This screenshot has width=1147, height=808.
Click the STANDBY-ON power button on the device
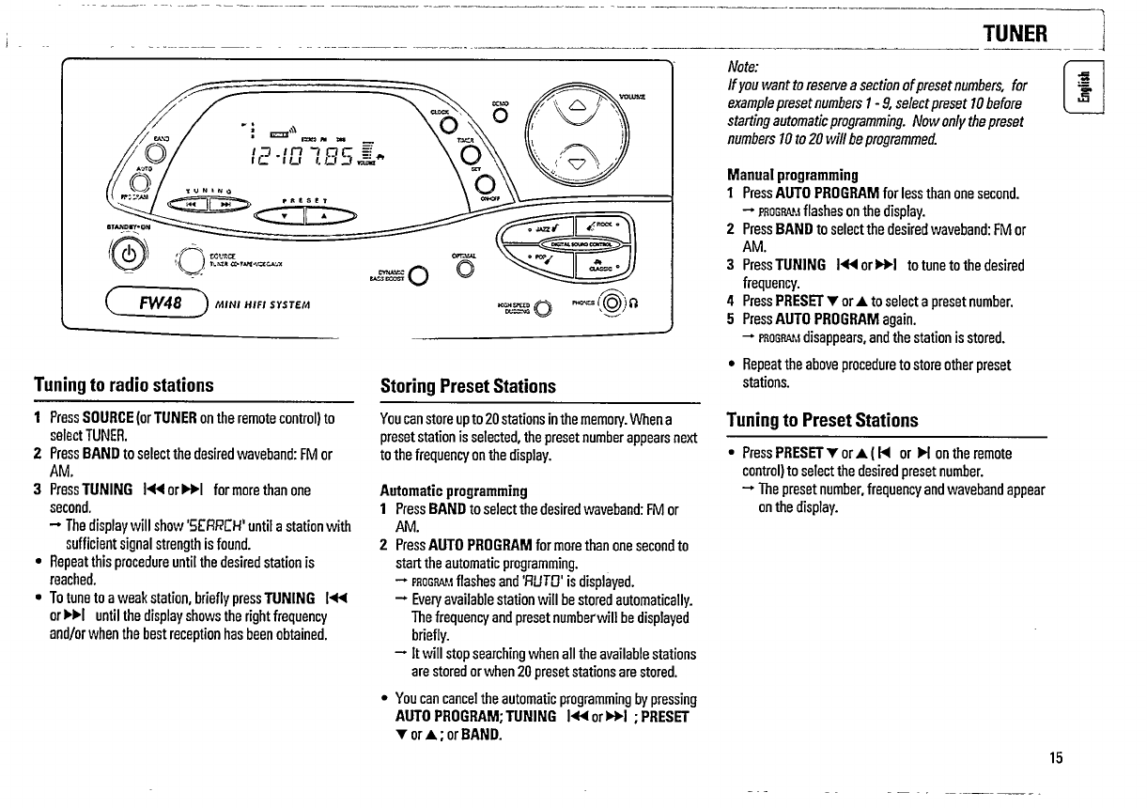point(128,256)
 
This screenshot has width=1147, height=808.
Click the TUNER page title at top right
point(1015,34)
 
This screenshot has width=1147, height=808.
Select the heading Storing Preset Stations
point(467,386)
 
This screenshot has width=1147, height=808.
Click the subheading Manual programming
point(793,175)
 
